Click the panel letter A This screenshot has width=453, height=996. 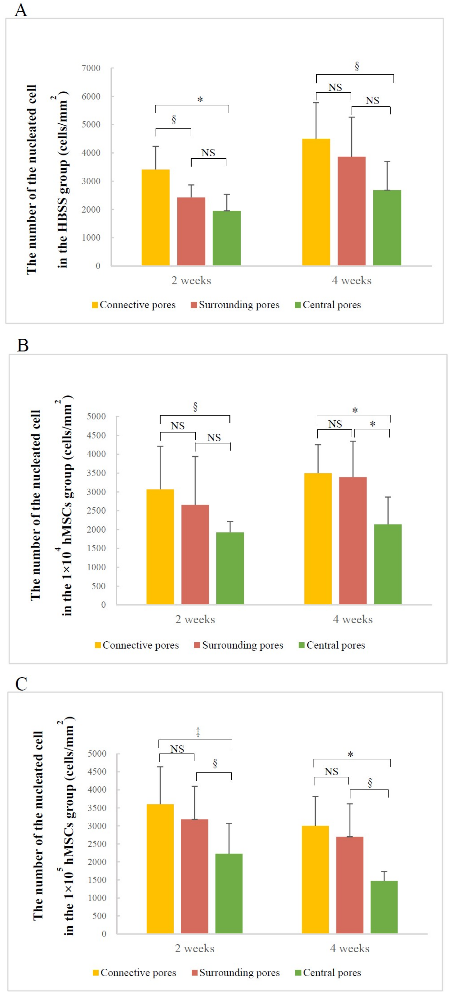pyautogui.click(x=21, y=10)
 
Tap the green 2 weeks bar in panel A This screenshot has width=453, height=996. pyautogui.click(x=227, y=238)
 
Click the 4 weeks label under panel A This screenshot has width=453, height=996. pyautogui.click(x=351, y=281)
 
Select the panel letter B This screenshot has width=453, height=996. pyautogui.click(x=23, y=345)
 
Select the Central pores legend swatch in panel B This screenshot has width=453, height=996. pyautogui.click(x=301, y=645)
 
